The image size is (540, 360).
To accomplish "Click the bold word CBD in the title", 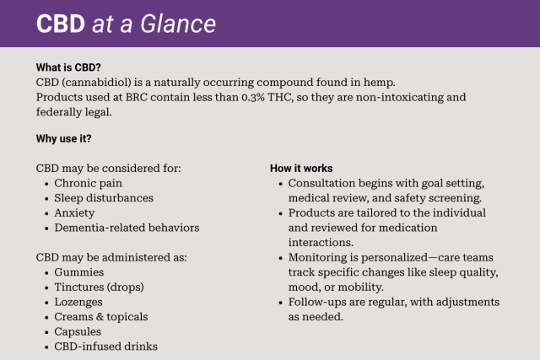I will (x=61, y=24).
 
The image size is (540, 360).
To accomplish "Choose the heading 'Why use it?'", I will (x=64, y=137).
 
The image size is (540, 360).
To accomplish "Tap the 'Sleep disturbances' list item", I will (x=104, y=197).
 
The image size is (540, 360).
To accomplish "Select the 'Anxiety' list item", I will (x=74, y=212).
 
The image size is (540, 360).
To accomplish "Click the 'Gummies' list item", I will (x=79, y=271).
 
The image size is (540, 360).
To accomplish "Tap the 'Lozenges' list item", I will (x=78, y=302).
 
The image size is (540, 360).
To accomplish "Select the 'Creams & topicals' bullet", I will (x=100, y=316).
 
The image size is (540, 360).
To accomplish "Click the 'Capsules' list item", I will (x=78, y=331).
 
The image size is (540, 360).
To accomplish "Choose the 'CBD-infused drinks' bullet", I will (x=105, y=347).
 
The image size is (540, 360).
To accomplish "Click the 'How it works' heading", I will (x=301, y=168).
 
